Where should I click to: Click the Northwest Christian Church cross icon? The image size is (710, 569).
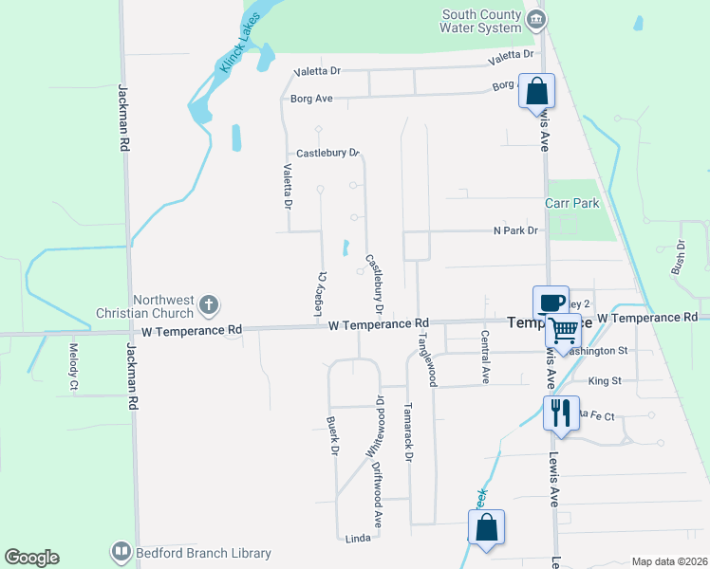(x=209, y=305)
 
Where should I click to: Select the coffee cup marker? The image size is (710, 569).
(x=551, y=303)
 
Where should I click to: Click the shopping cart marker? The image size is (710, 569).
(x=563, y=331)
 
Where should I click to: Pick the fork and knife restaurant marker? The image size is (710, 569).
(x=559, y=413)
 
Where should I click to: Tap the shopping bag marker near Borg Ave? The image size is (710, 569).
(x=536, y=93)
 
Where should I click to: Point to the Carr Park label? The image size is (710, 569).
(x=572, y=204)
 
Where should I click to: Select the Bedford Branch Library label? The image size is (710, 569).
(x=202, y=553)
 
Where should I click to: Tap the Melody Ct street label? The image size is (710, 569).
(x=73, y=367)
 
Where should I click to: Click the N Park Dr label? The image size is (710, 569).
(x=515, y=230)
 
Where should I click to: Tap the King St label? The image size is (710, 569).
(x=604, y=381)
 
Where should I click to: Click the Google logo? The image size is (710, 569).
(x=31, y=558)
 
